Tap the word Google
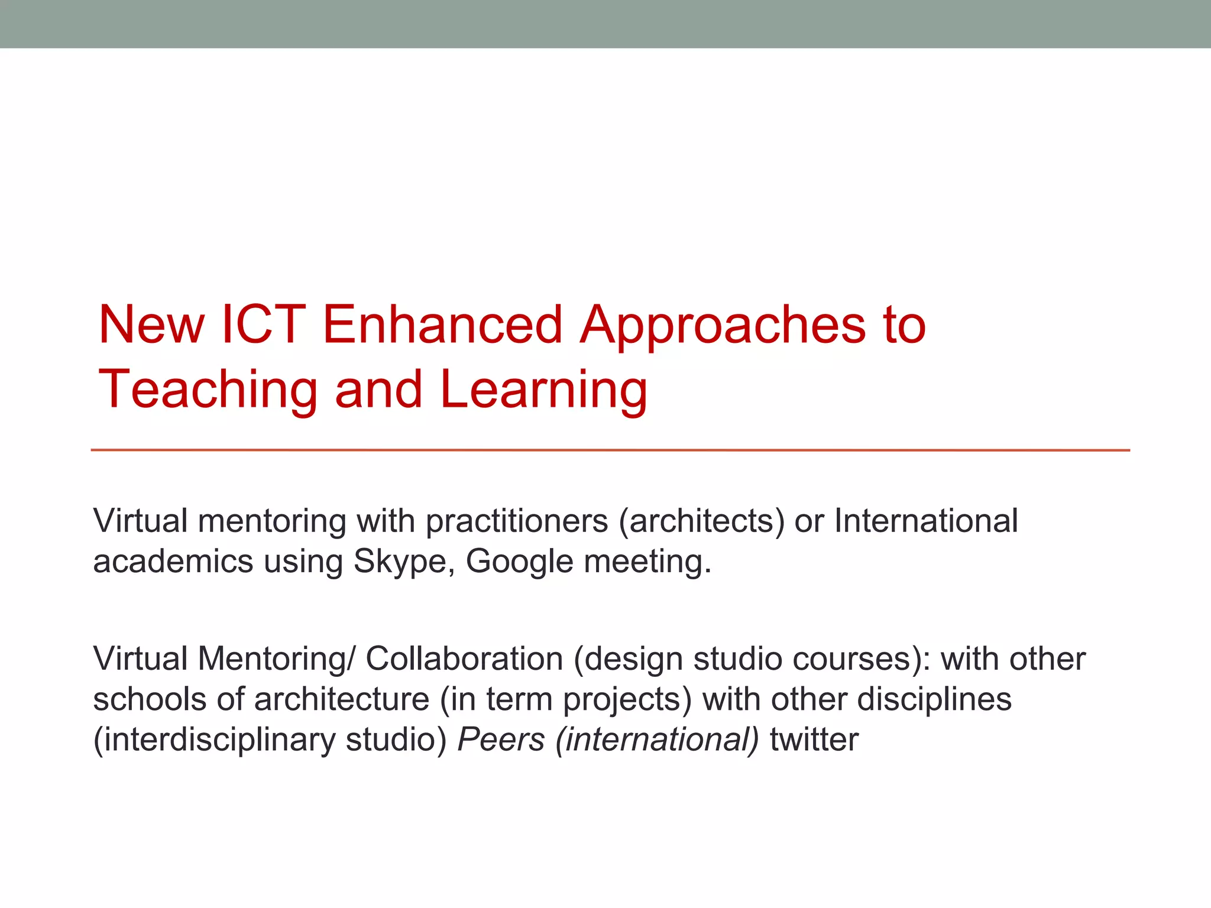[519, 562]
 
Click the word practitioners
[516, 521]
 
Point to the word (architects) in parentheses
[701, 521]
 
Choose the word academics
[173, 562]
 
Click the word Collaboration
[464, 659]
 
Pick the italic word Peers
[501, 740]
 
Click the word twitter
[814, 740]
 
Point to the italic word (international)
[656, 740]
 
